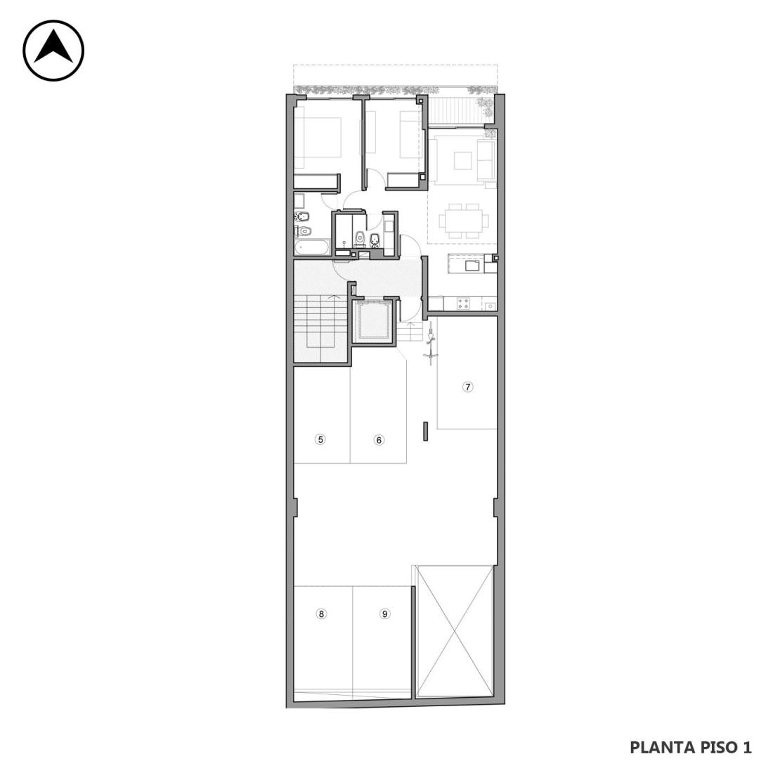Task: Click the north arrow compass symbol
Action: point(53,51)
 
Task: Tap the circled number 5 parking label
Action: point(320,439)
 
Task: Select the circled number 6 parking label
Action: point(379,440)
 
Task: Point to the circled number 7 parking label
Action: point(467,386)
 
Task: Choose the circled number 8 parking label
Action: point(321,613)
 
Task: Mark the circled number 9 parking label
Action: point(384,613)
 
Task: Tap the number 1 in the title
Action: point(747,748)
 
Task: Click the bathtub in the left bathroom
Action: point(312,247)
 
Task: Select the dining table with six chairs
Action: point(464,221)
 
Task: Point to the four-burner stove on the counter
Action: point(463,303)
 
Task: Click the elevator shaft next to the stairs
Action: point(373,321)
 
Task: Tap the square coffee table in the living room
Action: point(463,160)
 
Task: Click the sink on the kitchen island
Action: point(473,265)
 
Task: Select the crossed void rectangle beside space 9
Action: point(454,632)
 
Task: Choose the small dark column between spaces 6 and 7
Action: point(425,431)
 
